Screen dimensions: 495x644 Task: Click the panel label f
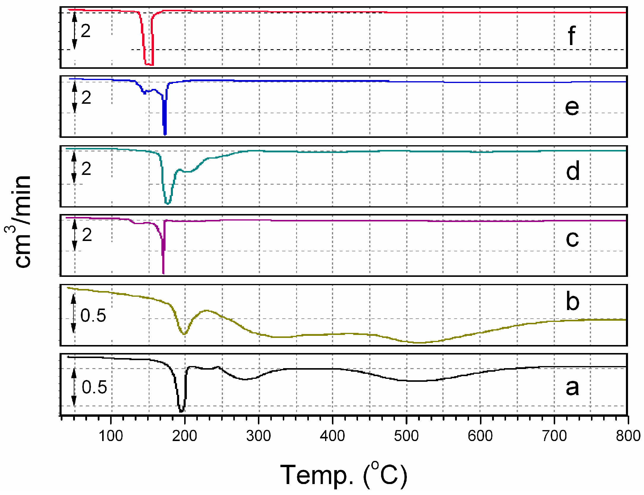571,36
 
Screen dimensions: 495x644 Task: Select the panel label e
572,107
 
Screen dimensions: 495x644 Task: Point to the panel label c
572,239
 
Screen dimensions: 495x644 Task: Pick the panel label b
572,301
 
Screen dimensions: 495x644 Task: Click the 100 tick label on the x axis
111,436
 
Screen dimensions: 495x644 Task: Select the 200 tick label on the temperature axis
185,436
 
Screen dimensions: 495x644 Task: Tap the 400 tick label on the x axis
333,436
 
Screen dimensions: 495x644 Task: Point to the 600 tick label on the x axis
480,436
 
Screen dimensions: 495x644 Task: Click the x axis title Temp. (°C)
343,475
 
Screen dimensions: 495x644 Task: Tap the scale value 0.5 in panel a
94,387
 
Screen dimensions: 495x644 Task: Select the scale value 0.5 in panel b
93,315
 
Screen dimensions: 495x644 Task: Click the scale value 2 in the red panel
86,31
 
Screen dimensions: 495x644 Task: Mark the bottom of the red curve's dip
149,64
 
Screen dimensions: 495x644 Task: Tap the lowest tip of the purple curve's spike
163,273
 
